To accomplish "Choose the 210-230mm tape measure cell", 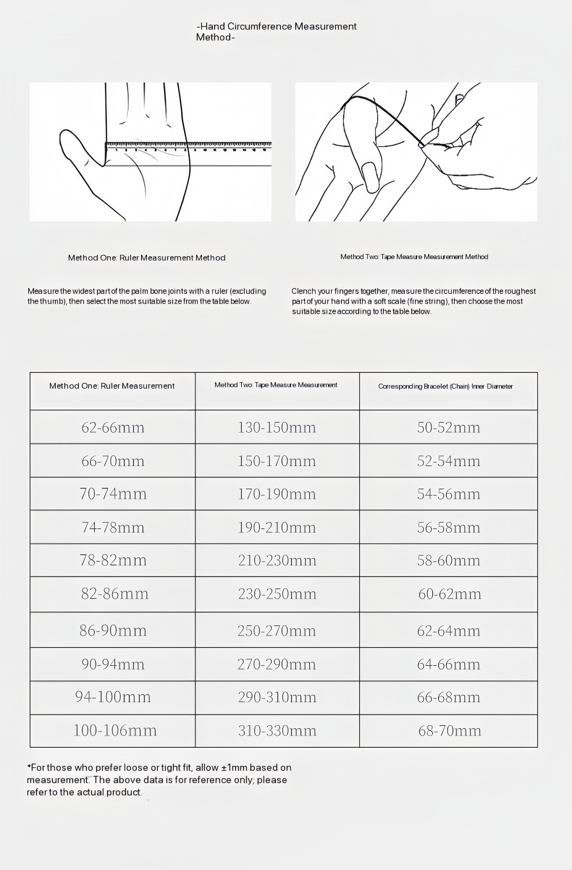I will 277,560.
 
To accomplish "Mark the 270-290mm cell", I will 277,664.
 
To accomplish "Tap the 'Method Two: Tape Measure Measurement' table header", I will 276,385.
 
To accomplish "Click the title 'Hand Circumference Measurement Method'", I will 276,31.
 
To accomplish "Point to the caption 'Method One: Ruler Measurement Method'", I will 147,258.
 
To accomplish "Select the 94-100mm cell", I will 113,697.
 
